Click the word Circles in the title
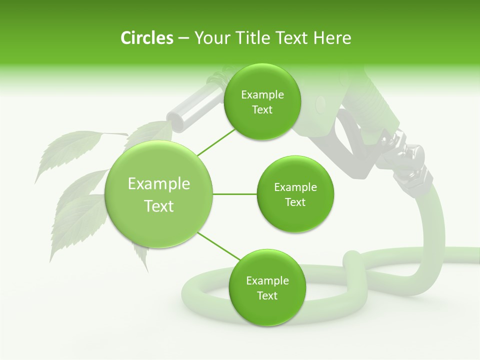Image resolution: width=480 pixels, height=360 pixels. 146,38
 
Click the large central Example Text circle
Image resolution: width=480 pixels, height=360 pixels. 159,194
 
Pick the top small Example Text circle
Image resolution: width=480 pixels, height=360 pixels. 262,102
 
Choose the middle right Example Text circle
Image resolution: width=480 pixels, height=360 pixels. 295,194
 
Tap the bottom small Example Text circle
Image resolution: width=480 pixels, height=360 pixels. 267,287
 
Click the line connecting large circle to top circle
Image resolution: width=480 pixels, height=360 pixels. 216,141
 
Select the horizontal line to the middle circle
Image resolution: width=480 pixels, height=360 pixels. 234,194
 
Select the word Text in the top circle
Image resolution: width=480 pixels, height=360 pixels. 262,110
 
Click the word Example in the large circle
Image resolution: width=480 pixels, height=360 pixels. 159,184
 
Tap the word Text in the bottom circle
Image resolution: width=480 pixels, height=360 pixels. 267,295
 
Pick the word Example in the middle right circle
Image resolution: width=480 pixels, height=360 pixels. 295,187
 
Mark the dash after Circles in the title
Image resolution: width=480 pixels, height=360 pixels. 183,38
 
